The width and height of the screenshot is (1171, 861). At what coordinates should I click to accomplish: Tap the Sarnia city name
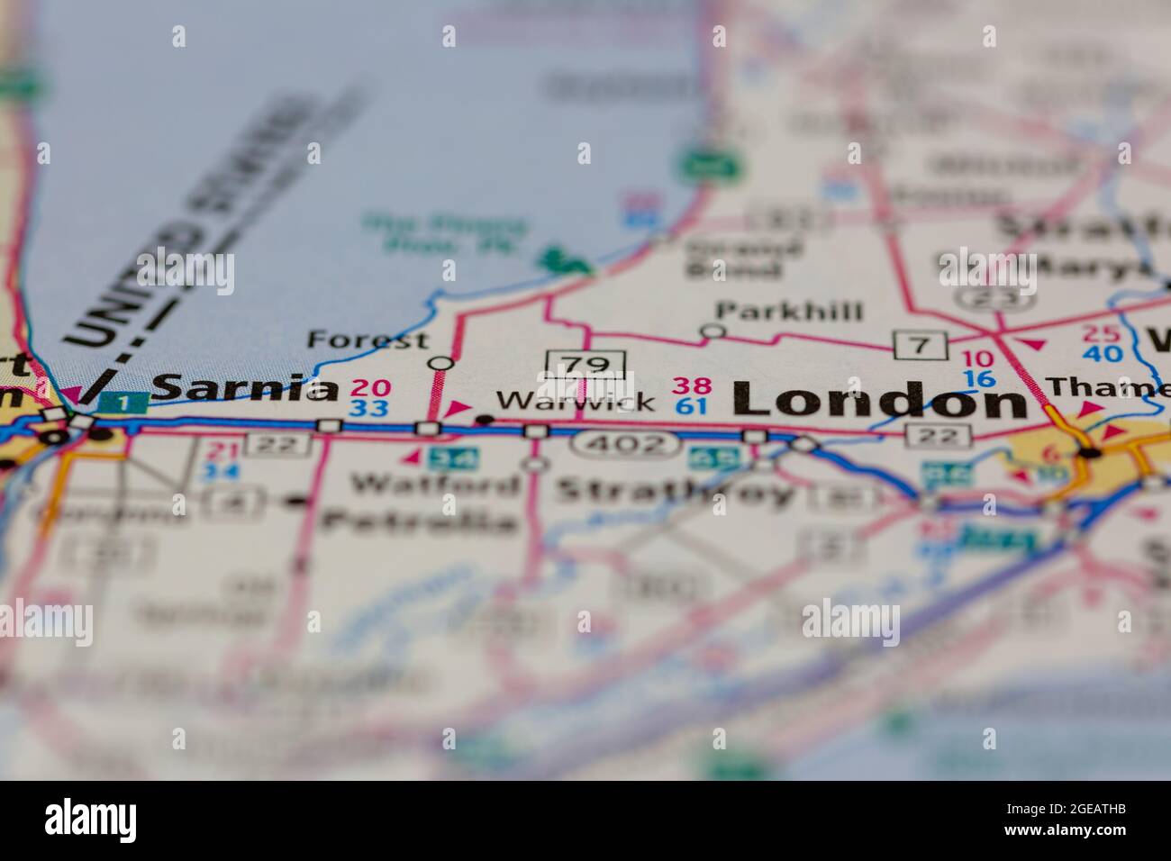click(x=244, y=388)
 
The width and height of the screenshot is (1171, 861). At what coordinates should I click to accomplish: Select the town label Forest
click(x=368, y=340)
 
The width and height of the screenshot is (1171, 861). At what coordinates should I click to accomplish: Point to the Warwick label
click(x=576, y=402)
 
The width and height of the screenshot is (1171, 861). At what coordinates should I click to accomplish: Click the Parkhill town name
click(x=789, y=312)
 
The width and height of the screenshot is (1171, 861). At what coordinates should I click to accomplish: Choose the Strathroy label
click(x=676, y=492)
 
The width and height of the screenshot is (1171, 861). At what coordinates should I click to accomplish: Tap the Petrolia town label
click(x=420, y=521)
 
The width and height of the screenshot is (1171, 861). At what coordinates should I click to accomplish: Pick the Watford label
click(x=436, y=485)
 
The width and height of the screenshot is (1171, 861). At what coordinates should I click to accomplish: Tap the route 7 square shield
click(x=921, y=344)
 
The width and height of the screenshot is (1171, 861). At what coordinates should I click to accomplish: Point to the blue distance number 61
click(x=691, y=406)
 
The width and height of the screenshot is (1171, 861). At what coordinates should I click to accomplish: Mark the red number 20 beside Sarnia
click(x=370, y=389)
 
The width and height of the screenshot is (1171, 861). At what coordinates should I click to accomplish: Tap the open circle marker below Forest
click(x=441, y=364)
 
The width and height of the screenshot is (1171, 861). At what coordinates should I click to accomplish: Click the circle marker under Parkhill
click(x=713, y=331)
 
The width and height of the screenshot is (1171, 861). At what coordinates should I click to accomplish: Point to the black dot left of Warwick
click(x=484, y=419)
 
